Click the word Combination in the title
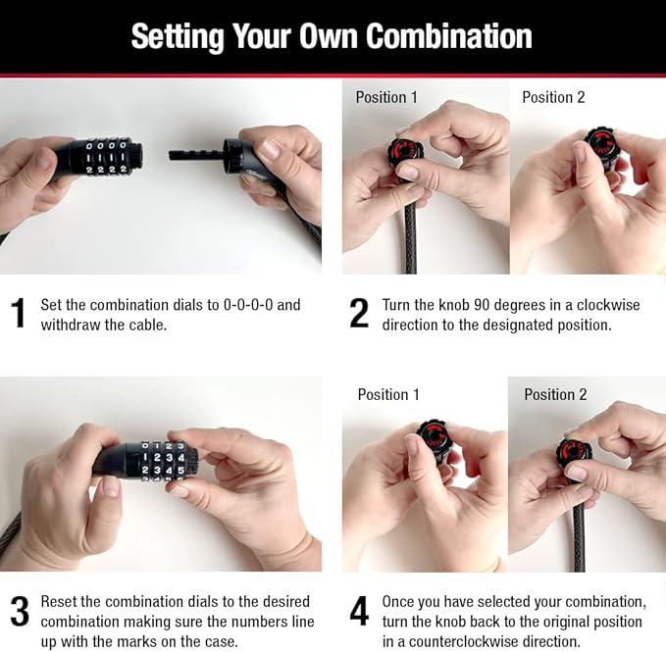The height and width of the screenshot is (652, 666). click(x=448, y=36)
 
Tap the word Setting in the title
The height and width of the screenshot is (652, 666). click(x=178, y=38)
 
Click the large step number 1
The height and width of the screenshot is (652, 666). click(x=19, y=314)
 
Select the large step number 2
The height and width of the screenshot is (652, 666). click(x=359, y=314)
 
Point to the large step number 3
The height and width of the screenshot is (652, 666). click(x=20, y=611)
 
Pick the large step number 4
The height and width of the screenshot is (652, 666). click(x=359, y=611)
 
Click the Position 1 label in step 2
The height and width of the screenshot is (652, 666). click(x=386, y=97)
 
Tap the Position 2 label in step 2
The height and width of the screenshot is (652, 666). click(x=553, y=97)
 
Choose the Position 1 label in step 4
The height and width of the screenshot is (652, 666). click(x=388, y=394)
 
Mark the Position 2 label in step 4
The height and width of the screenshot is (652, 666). click(x=555, y=394)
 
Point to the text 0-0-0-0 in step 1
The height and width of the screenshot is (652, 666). click(x=248, y=305)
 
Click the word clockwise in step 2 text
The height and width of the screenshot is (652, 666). click(x=608, y=305)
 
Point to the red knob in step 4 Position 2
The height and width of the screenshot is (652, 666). click(x=574, y=452)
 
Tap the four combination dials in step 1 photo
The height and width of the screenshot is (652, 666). click(x=106, y=158)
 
